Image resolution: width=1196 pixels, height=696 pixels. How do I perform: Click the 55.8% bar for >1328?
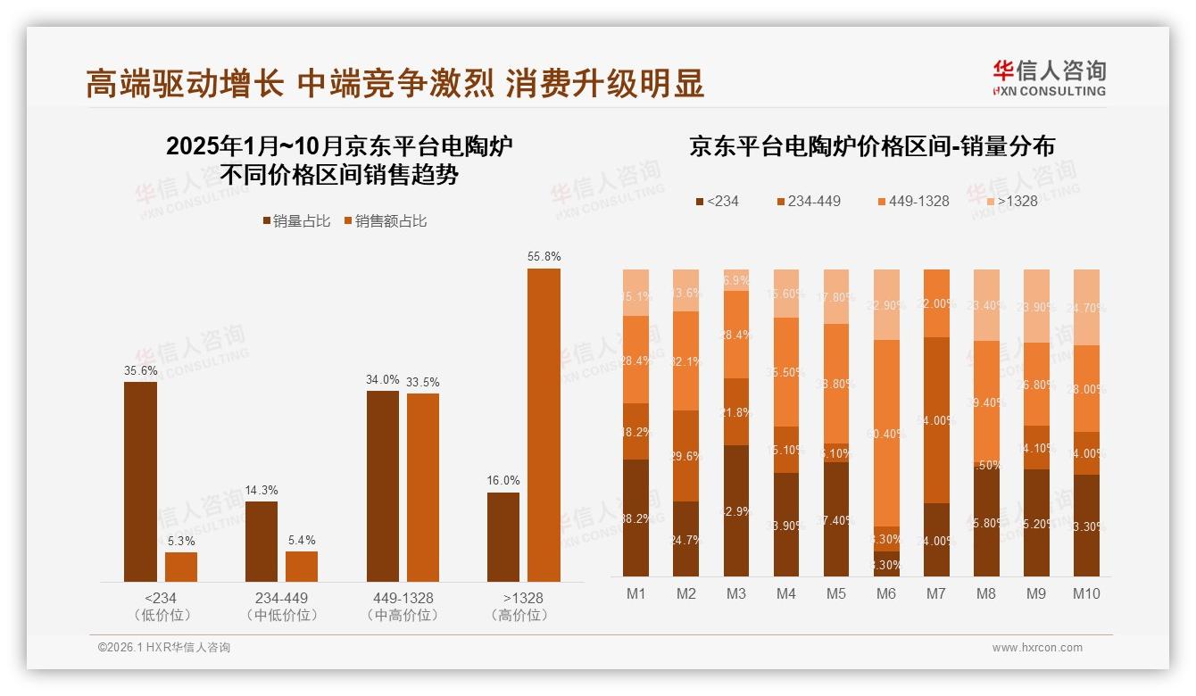pos(544,425)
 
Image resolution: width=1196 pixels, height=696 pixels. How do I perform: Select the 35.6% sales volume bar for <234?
pos(140,482)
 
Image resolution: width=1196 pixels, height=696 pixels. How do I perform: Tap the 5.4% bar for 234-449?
pos(302,567)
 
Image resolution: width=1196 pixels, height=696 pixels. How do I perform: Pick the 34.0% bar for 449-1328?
pos(383,486)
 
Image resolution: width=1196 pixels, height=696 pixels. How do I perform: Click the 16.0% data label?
pos(503,480)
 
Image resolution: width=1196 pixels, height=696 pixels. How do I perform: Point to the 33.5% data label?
pos(423,382)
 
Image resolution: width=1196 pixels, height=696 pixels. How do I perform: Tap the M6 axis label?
pos(885,594)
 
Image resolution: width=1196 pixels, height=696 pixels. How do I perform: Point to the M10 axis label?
pos(1085,594)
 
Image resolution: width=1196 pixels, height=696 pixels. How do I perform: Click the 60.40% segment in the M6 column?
pos(886,433)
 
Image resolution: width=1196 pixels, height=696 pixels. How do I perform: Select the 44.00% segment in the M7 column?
pos(936,420)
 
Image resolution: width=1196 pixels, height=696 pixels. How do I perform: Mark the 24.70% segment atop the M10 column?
pos(1086,307)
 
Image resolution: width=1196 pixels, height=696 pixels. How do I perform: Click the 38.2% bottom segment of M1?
pos(635,518)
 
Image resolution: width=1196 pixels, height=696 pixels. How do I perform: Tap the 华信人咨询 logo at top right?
pos(1049,78)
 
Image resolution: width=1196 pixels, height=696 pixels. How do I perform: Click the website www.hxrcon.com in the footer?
pos(1037,648)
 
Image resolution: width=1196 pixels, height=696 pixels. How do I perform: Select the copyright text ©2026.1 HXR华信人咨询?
pos(164,648)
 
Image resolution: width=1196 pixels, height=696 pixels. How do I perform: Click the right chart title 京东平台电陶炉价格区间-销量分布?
pos(871,146)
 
